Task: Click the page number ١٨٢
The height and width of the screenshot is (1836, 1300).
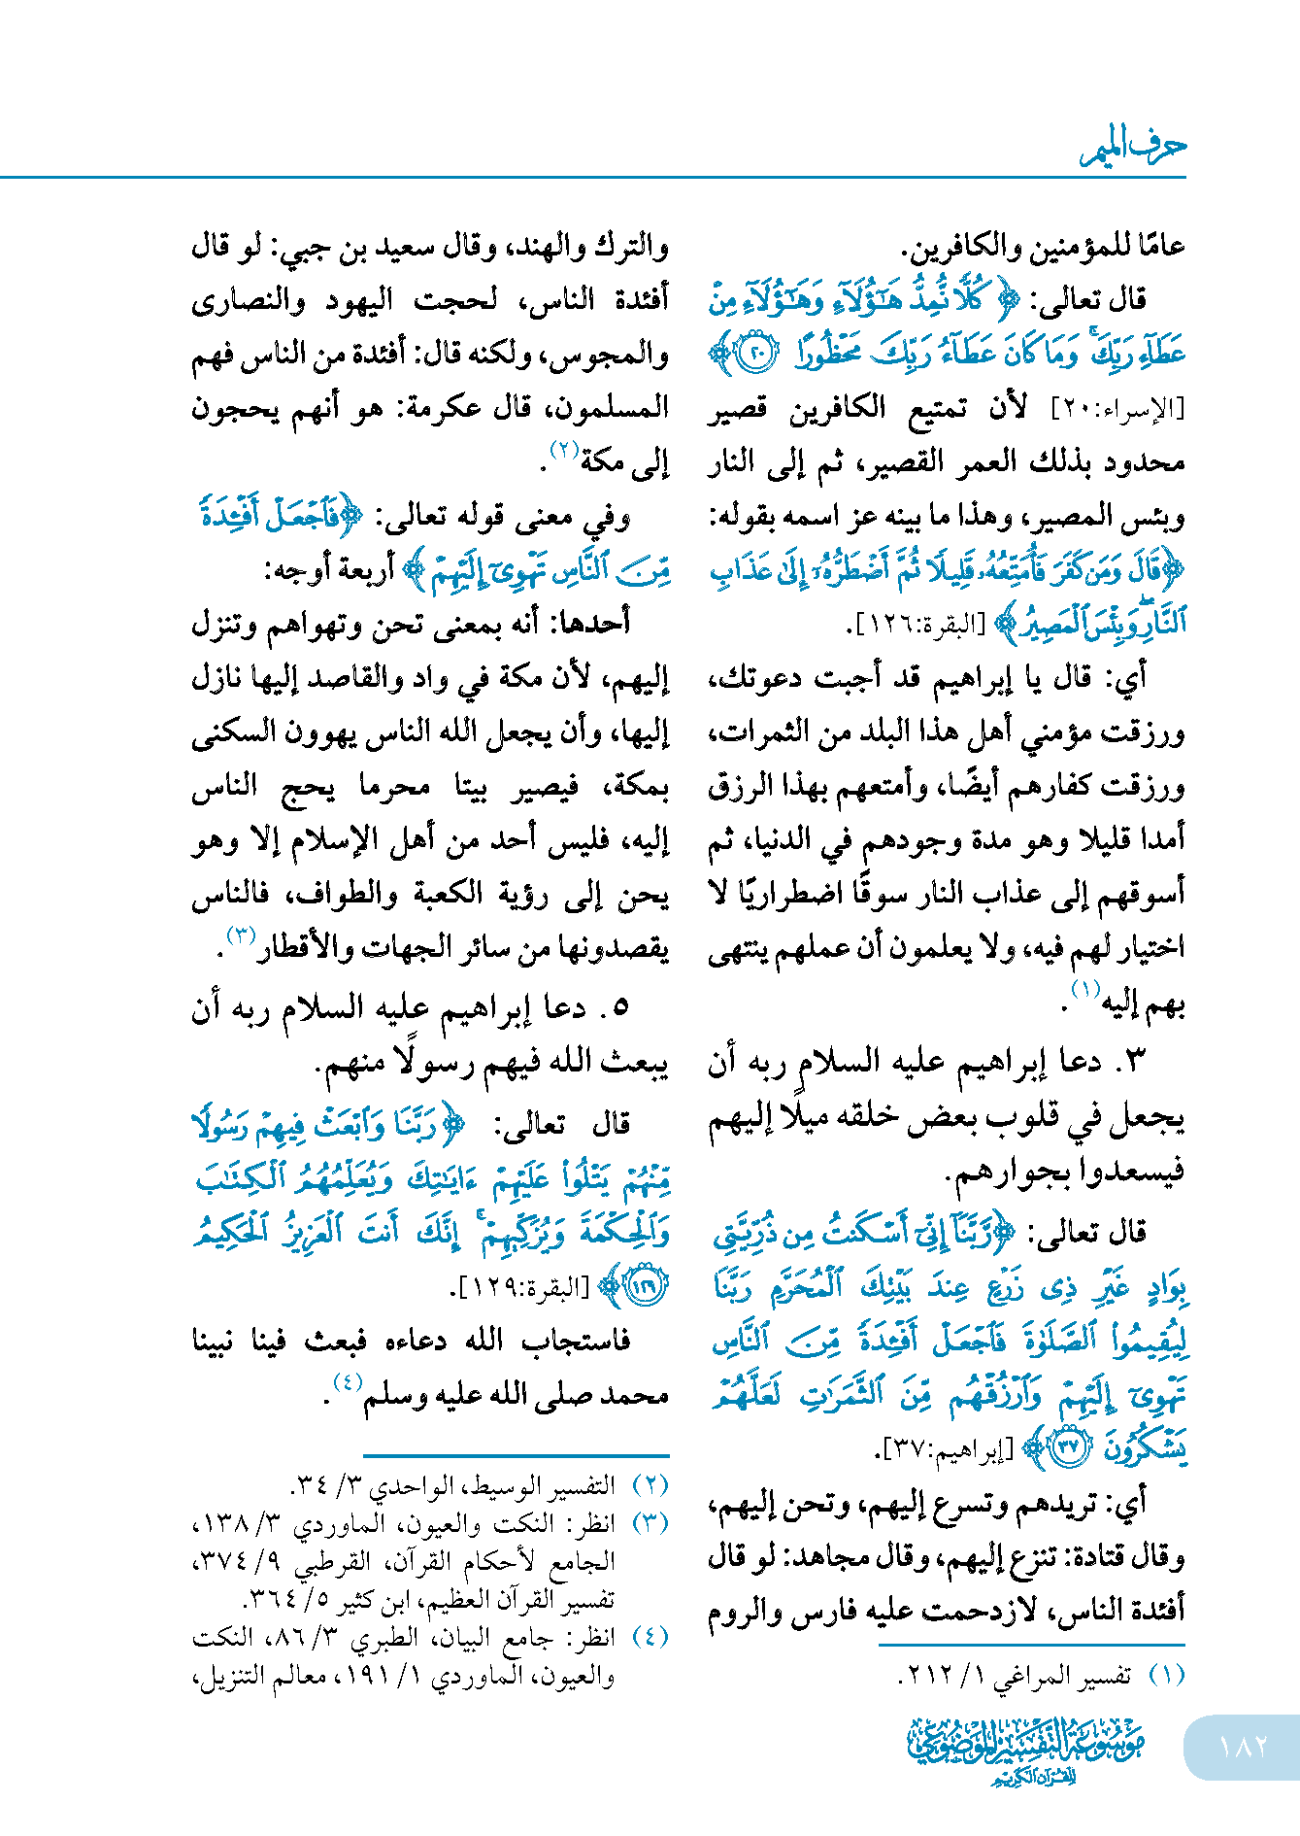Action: point(1244,1746)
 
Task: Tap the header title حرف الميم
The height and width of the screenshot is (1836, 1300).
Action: point(1133,148)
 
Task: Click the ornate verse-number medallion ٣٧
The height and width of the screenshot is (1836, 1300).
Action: point(1069,1448)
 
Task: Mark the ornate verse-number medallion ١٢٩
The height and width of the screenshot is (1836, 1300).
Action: point(644,1287)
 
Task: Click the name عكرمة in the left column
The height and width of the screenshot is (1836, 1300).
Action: point(439,408)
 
